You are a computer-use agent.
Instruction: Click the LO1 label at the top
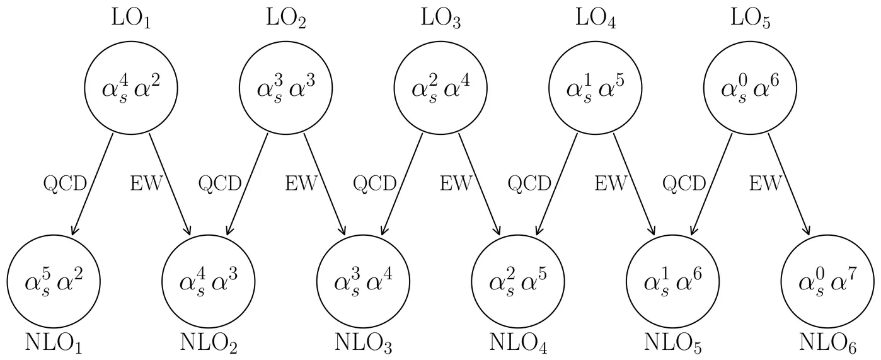[x=130, y=19]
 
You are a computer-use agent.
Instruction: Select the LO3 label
[x=440, y=19]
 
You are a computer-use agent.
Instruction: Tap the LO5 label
[x=751, y=19]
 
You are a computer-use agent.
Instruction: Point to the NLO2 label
[x=209, y=343]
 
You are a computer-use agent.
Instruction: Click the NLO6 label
[x=827, y=343]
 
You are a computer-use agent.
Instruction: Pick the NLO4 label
[x=519, y=343]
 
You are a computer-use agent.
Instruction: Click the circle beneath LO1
[x=130, y=88]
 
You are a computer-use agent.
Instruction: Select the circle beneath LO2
[x=285, y=88]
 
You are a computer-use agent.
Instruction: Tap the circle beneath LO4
[x=596, y=88]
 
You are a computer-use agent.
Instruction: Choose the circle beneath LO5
[x=751, y=88]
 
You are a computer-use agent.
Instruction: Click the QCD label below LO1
[x=64, y=183]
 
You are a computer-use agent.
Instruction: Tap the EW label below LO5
[x=765, y=183]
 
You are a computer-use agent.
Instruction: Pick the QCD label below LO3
[x=374, y=183]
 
